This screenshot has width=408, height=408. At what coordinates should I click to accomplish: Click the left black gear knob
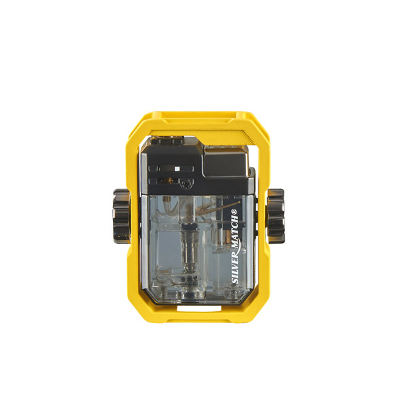122,216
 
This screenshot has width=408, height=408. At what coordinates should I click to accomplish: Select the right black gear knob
276,216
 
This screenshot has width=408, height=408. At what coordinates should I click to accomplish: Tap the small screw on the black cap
186,184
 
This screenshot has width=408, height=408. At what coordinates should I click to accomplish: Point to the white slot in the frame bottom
199,309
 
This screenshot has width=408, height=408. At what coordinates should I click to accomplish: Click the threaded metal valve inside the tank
188,245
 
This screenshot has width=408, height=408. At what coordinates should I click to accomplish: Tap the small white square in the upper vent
177,169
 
